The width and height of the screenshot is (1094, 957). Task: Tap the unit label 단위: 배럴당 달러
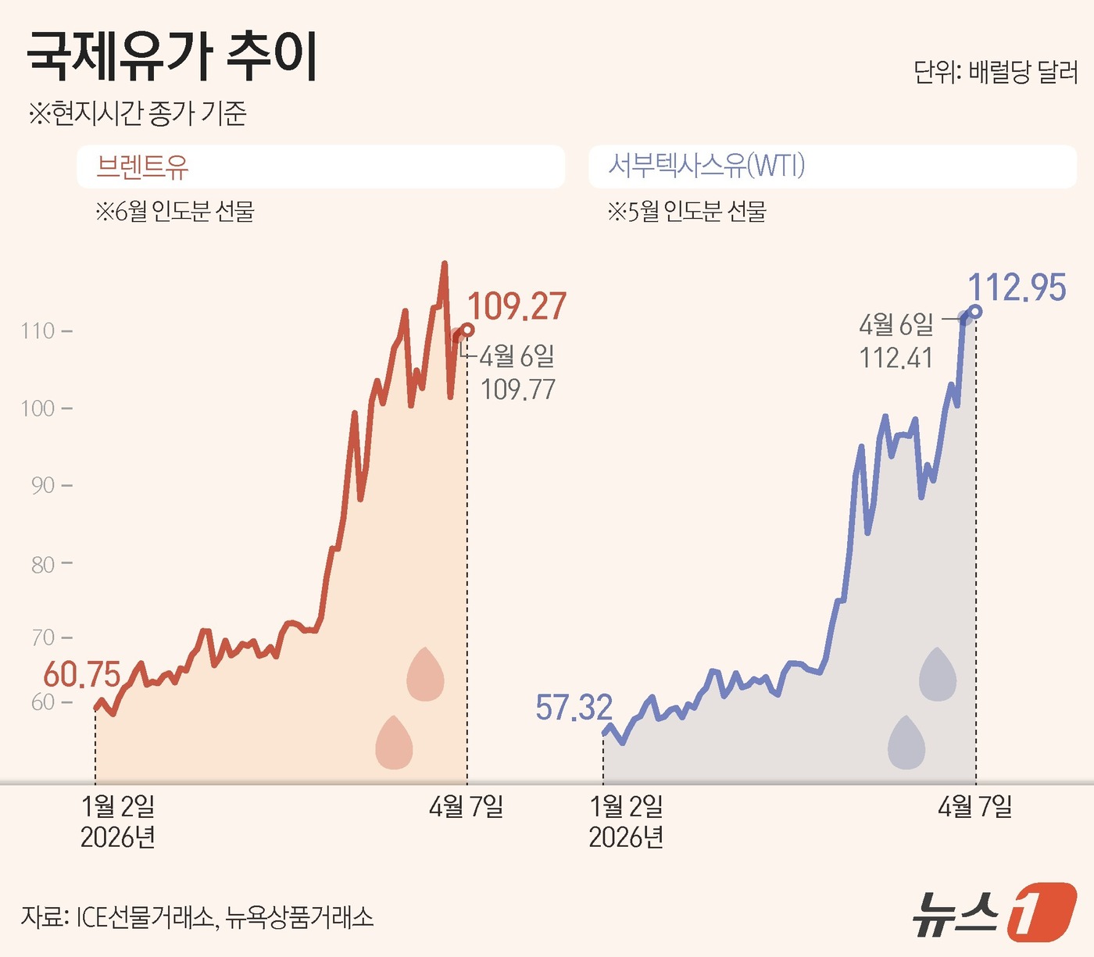(996, 73)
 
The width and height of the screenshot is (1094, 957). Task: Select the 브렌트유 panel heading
(142, 166)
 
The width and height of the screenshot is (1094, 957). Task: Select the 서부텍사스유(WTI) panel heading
(706, 166)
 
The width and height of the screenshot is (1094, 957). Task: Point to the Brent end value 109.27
(517, 306)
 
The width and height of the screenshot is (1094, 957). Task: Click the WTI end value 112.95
(1017, 287)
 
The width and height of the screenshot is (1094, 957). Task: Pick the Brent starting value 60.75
(82, 674)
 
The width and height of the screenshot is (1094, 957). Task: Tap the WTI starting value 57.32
(574, 708)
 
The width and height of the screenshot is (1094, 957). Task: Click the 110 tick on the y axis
(38, 331)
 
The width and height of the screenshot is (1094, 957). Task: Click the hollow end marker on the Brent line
(467, 330)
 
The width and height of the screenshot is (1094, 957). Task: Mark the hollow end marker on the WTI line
(975, 312)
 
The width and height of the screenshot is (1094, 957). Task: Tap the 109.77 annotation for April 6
(518, 389)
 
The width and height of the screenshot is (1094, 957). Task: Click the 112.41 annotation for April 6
(896, 358)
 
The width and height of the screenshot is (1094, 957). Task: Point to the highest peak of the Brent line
(445, 264)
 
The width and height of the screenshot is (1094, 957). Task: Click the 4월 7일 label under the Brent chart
(466, 806)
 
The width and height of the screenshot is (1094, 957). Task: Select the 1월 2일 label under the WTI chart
(626, 806)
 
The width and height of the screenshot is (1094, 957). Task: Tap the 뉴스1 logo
(994, 912)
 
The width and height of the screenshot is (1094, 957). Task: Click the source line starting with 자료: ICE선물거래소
(197, 916)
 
